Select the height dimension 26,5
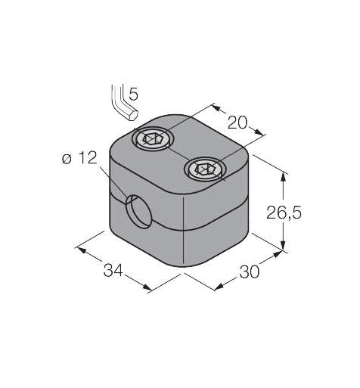[284, 214]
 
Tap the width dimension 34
[113, 270]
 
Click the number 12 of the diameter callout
[88, 158]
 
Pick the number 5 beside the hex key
[133, 95]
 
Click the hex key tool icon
[121, 101]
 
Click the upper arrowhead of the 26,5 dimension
[284, 176]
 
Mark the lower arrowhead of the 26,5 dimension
[284, 245]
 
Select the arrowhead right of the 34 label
[150, 287]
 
